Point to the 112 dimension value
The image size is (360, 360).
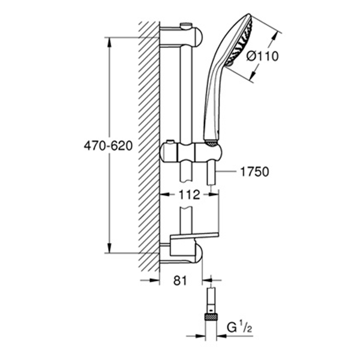[185, 194]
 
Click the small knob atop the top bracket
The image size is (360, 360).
[186, 25]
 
